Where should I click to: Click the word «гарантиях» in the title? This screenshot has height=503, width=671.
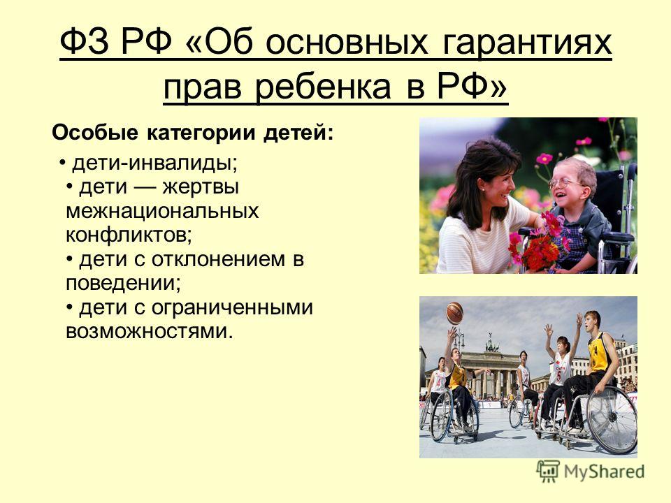[527, 43]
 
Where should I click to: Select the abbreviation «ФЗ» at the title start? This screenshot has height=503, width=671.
[85, 42]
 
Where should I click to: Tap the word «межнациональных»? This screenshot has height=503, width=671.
[162, 211]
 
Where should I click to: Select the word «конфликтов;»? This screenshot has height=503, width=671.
[129, 235]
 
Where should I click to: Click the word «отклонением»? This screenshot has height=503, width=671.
[218, 259]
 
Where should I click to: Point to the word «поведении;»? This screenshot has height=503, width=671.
[123, 283]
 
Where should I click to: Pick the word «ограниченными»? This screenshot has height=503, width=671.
[232, 308]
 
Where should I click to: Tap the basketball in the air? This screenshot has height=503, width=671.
[455, 313]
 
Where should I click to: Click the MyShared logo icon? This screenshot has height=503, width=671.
[548, 472]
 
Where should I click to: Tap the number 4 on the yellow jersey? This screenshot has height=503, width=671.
[596, 351]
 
